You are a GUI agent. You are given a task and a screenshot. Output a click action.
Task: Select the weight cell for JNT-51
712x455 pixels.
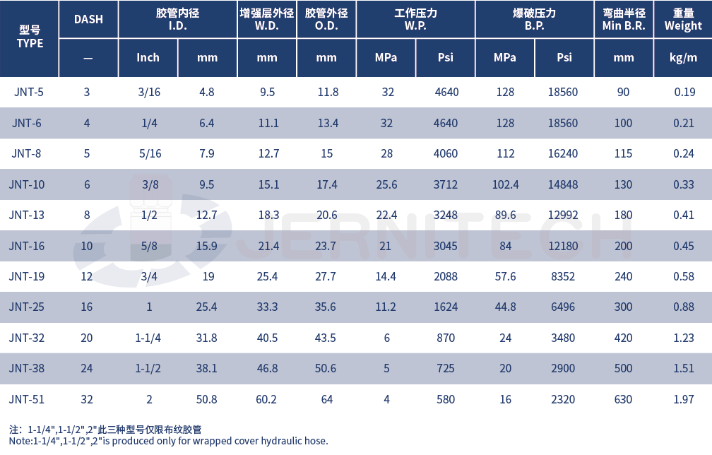coord(684,399)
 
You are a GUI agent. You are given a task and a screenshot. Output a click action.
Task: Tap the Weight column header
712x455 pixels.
coord(683,20)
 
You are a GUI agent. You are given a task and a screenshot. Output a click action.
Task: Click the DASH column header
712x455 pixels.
coord(88,19)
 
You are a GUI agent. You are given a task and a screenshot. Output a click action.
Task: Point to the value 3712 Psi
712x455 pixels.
coord(446,184)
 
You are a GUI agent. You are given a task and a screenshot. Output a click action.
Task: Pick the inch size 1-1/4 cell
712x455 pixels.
coord(148,338)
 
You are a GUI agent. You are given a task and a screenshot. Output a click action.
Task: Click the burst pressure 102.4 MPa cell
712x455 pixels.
coord(505,184)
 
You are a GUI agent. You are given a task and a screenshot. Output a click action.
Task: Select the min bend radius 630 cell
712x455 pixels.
coord(623,399)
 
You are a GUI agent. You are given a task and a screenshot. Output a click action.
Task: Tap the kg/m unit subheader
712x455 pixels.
coord(683,57)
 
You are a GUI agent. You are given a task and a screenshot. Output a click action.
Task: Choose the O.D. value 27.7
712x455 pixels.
coord(326,276)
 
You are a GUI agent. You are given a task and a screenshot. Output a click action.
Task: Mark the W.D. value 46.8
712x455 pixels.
coord(266,369)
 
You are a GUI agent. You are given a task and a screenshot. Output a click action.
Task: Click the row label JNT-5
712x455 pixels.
coord(28,92)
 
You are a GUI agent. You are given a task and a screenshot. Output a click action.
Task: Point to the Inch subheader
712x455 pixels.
coord(148,57)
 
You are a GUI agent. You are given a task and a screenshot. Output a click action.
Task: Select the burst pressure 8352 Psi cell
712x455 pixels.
coord(564,276)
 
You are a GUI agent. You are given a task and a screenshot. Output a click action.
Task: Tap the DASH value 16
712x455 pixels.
coord(87,307)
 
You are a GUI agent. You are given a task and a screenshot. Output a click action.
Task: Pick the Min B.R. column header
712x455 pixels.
coord(624,20)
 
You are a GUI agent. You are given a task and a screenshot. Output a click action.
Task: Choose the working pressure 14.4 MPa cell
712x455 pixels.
coord(386,276)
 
